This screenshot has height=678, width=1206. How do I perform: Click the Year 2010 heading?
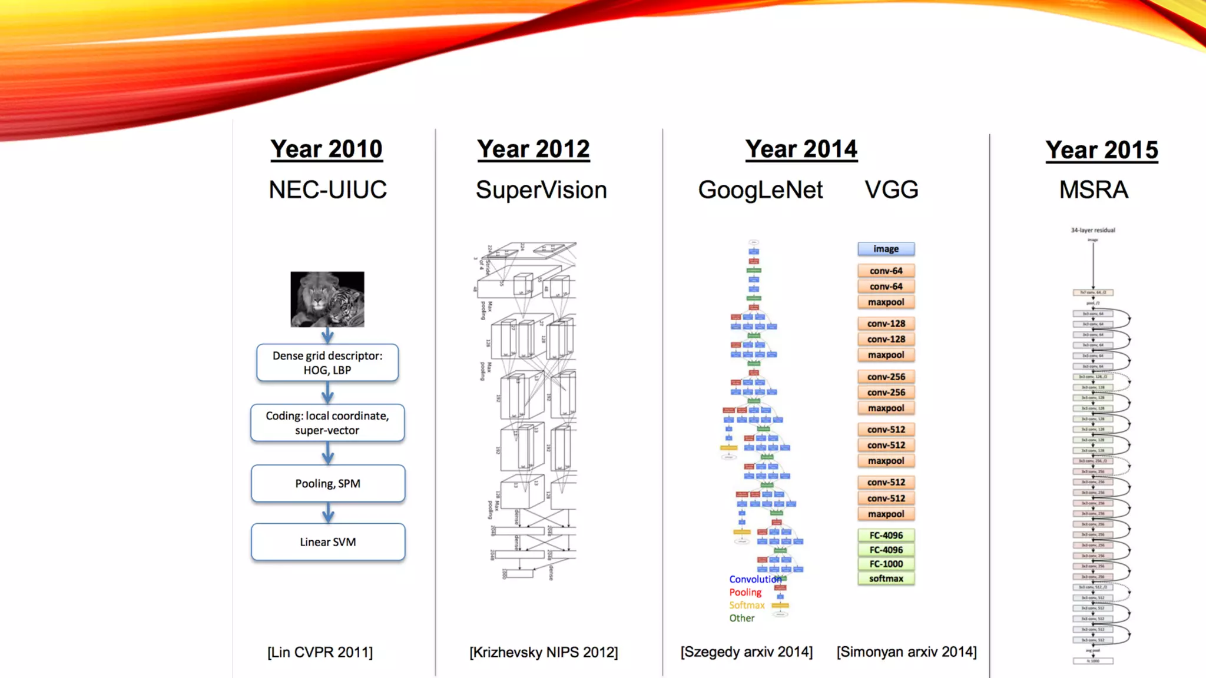pyautogui.click(x=326, y=149)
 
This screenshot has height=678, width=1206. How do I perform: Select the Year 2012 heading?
pyautogui.click(x=533, y=149)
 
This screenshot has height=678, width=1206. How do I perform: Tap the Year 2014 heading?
pyautogui.click(x=801, y=149)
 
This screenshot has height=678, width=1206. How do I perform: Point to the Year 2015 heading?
pyautogui.click(x=1101, y=150)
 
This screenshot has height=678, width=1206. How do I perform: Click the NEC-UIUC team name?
pyautogui.click(x=327, y=190)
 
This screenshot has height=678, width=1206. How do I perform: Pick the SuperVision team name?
pyautogui.click(x=541, y=190)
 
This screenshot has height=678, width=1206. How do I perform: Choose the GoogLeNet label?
pyautogui.click(x=760, y=190)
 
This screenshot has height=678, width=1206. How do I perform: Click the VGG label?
pyautogui.click(x=891, y=190)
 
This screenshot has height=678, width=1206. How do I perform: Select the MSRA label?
pyautogui.click(x=1094, y=190)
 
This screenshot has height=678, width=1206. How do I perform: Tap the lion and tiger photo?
pyautogui.click(x=327, y=299)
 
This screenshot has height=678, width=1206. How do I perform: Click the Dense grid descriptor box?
pyautogui.click(x=327, y=363)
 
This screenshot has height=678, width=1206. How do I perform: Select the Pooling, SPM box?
pyautogui.click(x=328, y=483)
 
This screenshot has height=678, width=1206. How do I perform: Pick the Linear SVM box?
pyautogui.click(x=328, y=541)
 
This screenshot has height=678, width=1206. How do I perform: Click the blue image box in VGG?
pyautogui.click(x=886, y=249)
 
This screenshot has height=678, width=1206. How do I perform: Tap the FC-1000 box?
pyautogui.click(x=886, y=564)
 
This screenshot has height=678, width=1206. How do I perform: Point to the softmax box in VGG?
pyautogui.click(x=886, y=579)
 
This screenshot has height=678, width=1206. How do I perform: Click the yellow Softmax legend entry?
pyautogui.click(x=747, y=605)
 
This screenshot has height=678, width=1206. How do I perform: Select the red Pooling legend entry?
pyautogui.click(x=745, y=592)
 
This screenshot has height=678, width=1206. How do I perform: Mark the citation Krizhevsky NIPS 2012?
pyautogui.click(x=544, y=652)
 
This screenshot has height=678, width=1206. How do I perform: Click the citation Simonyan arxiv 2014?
pyautogui.click(x=906, y=652)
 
